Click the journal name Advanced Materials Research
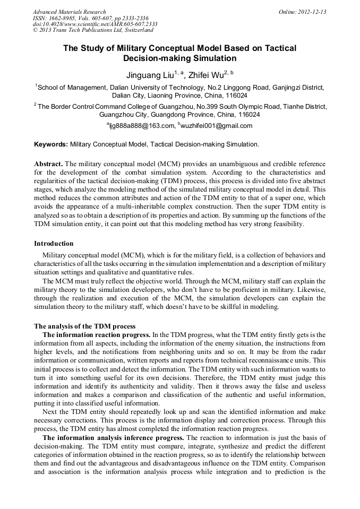point(69,12)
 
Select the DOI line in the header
point(95,24)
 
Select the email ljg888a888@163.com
point(142,126)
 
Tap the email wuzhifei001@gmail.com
point(209,126)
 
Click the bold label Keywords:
point(51,144)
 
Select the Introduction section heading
point(54,244)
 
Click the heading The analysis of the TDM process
point(84,326)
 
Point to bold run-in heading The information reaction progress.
point(97,334)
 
